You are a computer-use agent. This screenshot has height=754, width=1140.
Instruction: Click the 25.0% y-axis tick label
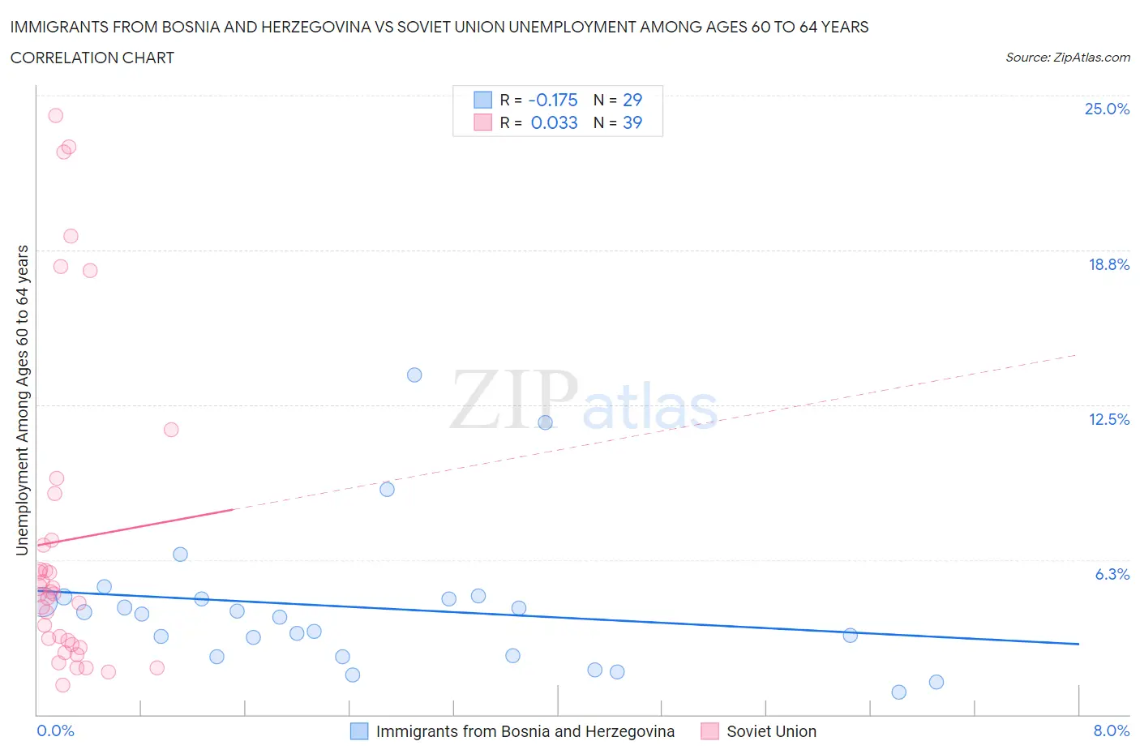tap(1107, 109)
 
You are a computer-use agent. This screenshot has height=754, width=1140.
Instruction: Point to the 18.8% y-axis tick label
tap(1108, 264)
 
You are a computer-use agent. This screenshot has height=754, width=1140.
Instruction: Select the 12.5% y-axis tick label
tap(1108, 419)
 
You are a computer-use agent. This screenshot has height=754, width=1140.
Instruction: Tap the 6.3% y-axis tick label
tap(1112, 574)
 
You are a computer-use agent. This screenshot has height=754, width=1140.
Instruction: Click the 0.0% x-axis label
tap(55, 730)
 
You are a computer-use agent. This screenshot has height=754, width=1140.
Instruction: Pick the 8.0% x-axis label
tap(1111, 730)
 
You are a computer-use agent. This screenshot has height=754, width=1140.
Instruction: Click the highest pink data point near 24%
tap(55, 115)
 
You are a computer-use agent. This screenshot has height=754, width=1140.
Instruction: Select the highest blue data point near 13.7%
tap(414, 375)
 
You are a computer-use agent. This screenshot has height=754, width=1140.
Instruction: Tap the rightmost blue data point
tap(936, 682)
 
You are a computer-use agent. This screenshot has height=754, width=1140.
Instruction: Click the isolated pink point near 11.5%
tap(171, 430)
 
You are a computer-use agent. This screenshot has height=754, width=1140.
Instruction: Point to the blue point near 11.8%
tap(545, 422)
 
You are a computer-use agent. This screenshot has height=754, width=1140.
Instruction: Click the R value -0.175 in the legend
tap(553, 100)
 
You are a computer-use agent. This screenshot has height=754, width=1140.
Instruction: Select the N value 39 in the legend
tap(632, 122)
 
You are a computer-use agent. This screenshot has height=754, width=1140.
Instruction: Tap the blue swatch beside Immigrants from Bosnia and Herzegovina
tap(359, 731)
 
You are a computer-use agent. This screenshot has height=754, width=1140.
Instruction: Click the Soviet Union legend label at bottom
tap(771, 731)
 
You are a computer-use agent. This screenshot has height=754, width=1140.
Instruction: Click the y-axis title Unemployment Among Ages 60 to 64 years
tap(23, 400)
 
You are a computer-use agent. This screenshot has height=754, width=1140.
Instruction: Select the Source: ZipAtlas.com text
tap(1067, 58)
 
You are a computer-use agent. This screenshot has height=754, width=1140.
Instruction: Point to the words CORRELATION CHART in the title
tap(92, 58)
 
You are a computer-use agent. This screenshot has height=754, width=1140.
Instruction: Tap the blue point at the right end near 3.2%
tap(850, 635)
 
